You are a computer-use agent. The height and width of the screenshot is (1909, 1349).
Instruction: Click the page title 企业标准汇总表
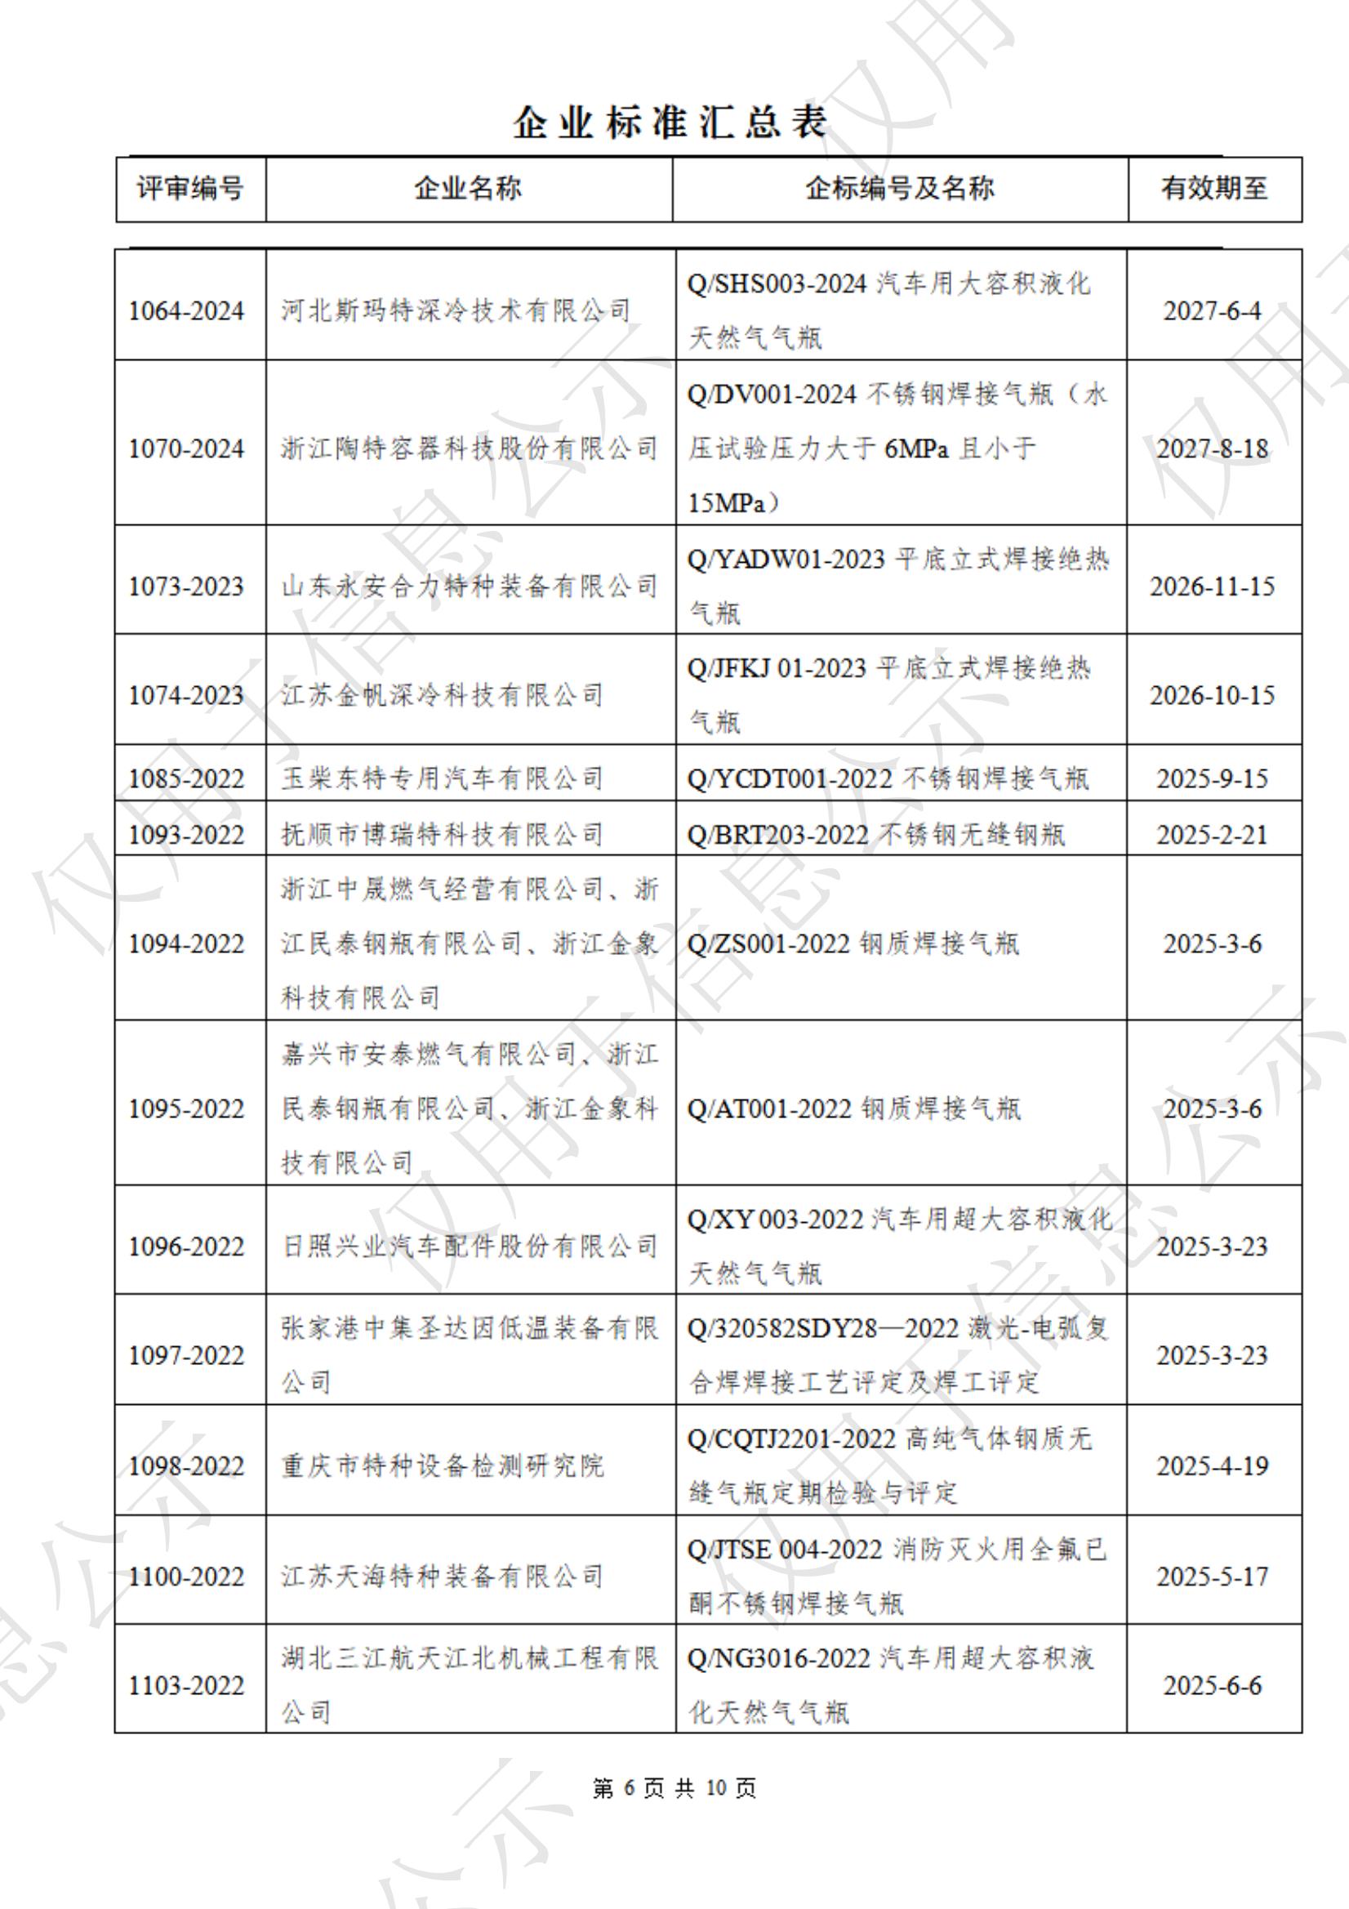(670, 123)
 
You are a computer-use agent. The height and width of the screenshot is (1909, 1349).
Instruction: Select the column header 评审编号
(190, 189)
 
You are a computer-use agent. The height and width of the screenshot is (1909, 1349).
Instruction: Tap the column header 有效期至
(1214, 189)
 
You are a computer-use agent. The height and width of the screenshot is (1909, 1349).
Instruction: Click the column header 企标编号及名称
(899, 189)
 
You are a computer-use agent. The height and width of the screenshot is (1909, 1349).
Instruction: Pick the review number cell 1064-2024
(186, 311)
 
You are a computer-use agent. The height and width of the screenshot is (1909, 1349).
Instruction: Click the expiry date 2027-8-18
(1213, 449)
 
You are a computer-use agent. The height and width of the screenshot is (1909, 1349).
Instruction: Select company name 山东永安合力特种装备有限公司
(470, 587)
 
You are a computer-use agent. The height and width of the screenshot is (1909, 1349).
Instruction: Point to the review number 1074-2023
(186, 695)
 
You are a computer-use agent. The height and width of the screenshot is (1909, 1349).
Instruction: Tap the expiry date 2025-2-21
(1213, 835)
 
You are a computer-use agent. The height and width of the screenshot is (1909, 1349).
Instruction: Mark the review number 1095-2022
(186, 1109)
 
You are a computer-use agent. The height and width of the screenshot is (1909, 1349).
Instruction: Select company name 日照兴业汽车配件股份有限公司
(470, 1247)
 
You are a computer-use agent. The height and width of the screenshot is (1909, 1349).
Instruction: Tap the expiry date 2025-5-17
(1213, 1577)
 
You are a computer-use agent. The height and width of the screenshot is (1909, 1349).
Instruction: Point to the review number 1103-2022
(186, 1685)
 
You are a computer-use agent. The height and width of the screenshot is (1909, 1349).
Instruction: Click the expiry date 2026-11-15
(1213, 587)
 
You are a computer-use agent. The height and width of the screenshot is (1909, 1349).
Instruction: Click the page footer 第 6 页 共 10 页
(674, 1788)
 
